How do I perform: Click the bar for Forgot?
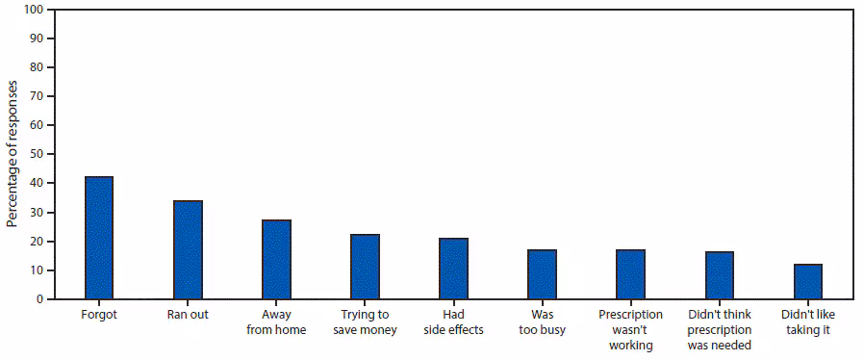tap(99, 238)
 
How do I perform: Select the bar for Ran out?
tap(188, 249)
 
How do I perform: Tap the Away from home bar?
tap(276, 259)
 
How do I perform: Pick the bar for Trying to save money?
tap(365, 267)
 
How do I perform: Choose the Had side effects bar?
tap(453, 269)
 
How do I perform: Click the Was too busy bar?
tap(542, 274)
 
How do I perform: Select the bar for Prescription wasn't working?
tap(630, 274)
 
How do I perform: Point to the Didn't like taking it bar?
tap(807, 281)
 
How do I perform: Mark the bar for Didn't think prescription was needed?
tap(719, 275)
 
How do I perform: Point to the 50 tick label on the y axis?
tap(36, 154)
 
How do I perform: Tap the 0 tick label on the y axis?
tap(38, 299)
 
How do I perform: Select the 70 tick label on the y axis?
tap(36, 96)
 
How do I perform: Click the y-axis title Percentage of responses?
tap(13, 154)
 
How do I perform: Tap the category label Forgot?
tap(99, 315)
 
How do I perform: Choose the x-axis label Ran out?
tap(188, 315)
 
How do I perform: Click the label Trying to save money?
tap(365, 322)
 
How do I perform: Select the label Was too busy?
tap(542, 322)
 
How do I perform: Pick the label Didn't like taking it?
tap(807, 322)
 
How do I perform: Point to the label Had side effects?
tap(453, 322)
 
